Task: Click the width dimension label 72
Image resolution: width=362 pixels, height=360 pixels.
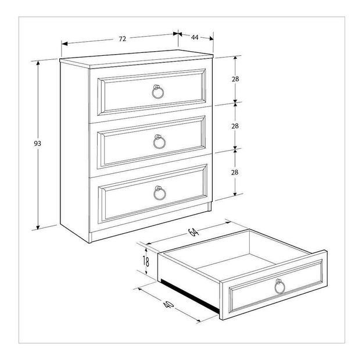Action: tap(123, 39)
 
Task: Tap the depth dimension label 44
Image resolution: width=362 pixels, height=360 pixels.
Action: tap(195, 37)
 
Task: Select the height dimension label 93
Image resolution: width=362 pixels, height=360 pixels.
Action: tap(37, 144)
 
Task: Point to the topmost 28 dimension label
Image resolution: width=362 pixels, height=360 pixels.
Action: tap(235, 79)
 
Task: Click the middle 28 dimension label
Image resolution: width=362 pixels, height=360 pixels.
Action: tap(235, 126)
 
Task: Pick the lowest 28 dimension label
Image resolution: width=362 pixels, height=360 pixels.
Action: tap(235, 172)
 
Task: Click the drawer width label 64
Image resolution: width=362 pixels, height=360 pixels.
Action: tap(193, 231)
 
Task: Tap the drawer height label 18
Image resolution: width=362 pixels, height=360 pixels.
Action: tap(146, 262)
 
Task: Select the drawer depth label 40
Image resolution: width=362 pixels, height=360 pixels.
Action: tap(169, 305)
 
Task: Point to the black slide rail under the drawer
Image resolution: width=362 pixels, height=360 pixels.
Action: tap(190, 295)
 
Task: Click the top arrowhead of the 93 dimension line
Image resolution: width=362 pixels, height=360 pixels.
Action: tap(38, 63)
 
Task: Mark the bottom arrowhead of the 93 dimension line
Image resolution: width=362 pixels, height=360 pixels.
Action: tap(38, 227)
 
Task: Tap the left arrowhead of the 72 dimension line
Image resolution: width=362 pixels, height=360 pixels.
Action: tap(64, 44)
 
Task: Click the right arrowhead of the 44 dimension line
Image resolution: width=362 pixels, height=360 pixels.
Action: tap(212, 38)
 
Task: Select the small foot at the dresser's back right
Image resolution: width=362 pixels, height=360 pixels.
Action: tap(209, 206)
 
